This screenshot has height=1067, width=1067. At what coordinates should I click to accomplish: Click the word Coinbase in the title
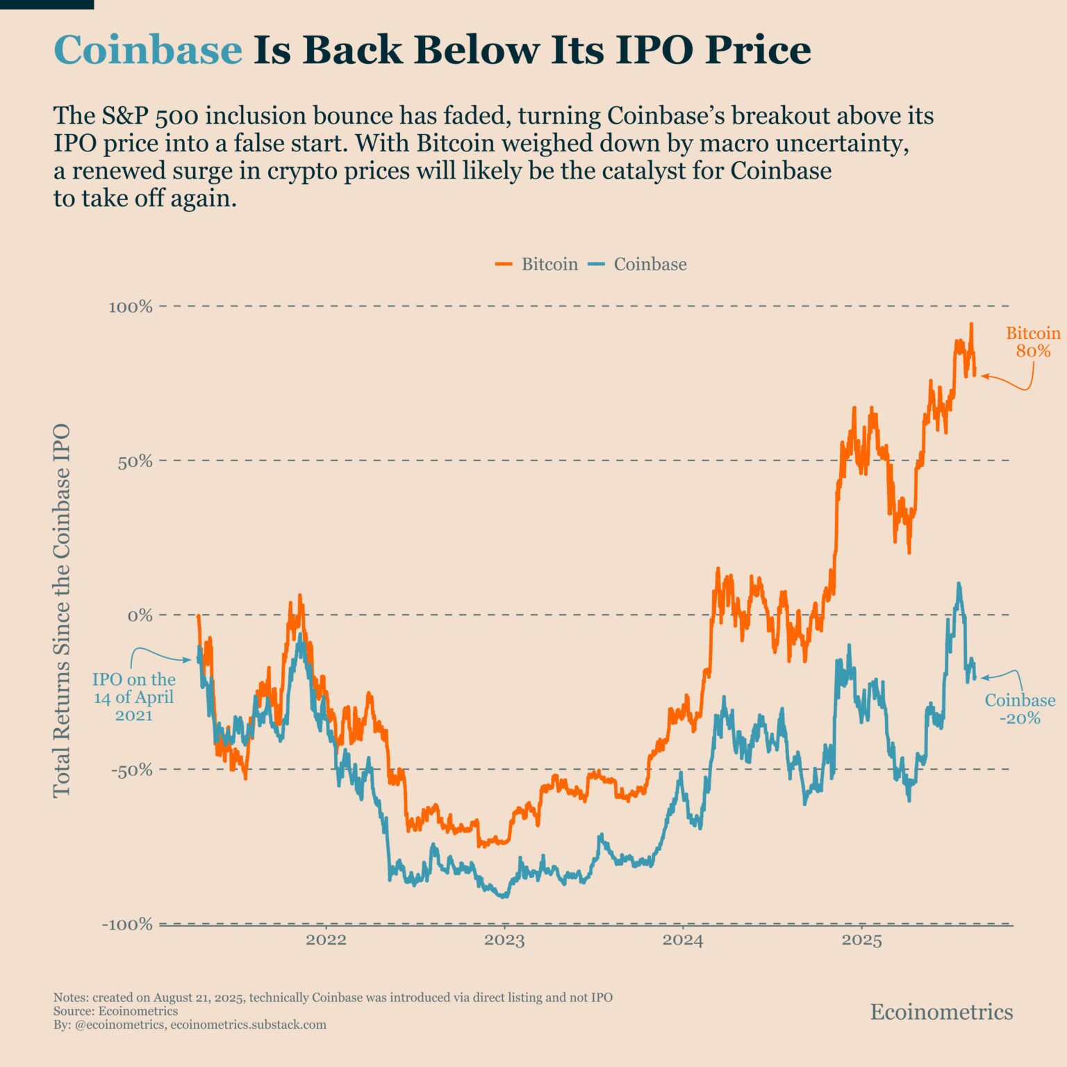point(148,50)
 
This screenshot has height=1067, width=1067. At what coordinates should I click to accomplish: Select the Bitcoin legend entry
point(549,264)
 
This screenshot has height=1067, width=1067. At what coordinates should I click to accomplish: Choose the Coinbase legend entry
point(650,264)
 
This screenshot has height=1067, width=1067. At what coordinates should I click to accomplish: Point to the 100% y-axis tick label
point(130,306)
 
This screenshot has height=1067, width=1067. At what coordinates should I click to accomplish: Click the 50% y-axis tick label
point(134,461)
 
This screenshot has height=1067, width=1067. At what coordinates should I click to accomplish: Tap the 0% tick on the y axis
point(139,615)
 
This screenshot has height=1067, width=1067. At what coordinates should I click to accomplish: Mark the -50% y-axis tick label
point(131,770)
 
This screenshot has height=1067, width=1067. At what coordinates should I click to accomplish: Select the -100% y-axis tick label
point(127,924)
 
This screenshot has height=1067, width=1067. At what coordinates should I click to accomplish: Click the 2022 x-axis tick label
point(326,941)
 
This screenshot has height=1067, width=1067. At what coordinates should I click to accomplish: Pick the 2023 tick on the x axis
point(504,941)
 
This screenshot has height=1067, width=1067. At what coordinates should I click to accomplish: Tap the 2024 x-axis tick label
point(683,941)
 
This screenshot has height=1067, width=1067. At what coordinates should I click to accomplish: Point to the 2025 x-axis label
point(861,941)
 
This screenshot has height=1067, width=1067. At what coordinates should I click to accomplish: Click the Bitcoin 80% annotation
point(1033,342)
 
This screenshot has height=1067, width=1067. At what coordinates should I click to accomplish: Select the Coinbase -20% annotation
point(1020,709)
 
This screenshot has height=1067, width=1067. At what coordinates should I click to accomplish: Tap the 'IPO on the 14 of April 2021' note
point(134,697)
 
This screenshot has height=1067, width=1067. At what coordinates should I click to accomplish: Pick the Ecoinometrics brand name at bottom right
point(941,1011)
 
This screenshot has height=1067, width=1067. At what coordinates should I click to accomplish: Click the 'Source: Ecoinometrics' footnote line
point(115,1011)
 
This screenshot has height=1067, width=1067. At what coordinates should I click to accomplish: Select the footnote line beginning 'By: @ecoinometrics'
point(190,1025)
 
